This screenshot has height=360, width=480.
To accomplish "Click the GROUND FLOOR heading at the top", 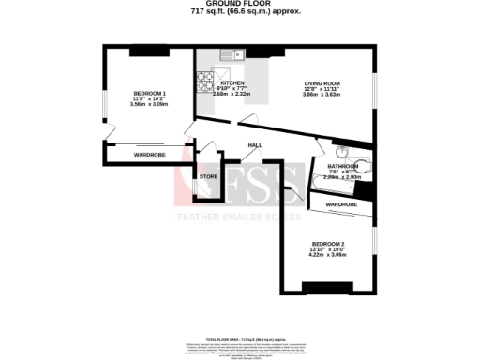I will point(240,5).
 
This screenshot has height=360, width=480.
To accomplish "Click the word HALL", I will point(254,145).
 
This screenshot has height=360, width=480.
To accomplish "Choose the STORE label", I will point(208,175).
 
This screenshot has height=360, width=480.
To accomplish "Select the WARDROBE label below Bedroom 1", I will point(149,154).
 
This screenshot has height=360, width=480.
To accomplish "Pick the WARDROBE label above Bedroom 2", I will point(341,203).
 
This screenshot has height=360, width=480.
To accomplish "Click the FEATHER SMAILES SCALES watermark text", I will point(240,217).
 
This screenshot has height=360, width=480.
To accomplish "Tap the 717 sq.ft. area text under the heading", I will point(240,13).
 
